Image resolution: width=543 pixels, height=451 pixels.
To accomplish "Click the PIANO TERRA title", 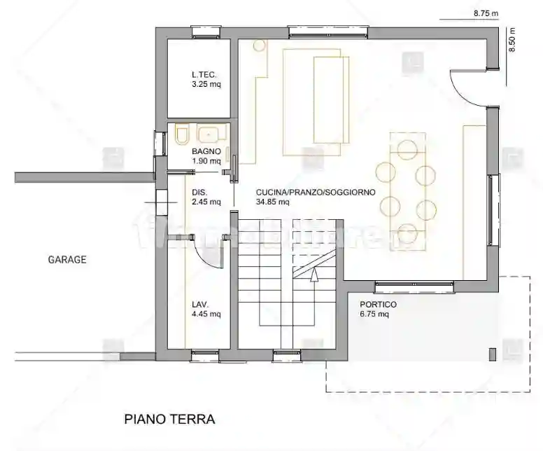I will pos(169,419).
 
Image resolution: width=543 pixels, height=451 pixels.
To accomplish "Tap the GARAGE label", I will pos(67,259).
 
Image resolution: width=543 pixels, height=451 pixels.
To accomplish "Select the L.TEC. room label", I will pos(204,75).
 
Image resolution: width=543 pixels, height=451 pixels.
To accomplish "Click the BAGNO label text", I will pos(206,151).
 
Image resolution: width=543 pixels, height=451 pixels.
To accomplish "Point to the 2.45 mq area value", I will pos(206,202).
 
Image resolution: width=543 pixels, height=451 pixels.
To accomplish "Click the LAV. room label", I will pos(201,305).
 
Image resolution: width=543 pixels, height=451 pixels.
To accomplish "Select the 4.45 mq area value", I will pos(206,314).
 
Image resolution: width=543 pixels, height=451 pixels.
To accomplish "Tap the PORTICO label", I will pos(378,305).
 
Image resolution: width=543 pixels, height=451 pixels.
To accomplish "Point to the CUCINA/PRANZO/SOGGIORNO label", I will pos(316,192).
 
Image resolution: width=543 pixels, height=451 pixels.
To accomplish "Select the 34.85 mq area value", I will pos(273,202).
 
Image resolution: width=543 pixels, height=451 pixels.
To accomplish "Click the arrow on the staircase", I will pos(314,275).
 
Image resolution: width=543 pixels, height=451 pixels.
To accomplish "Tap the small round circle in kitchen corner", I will pos(260,46).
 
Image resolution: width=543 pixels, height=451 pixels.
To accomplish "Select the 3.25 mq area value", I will pos(206,85).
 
